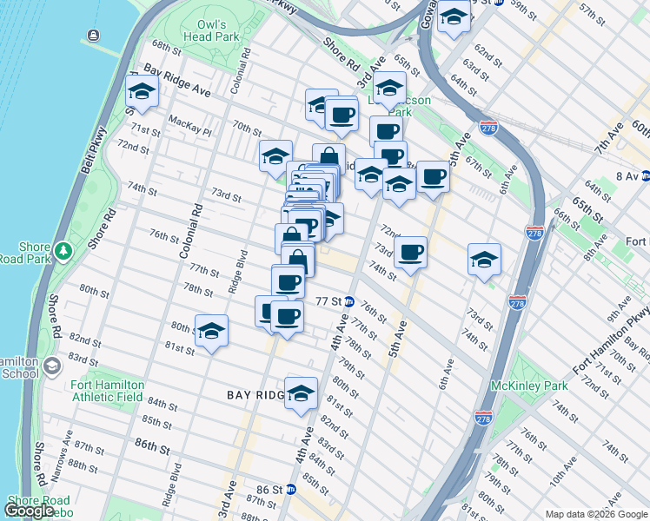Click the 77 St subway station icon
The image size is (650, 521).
(x=349, y=301)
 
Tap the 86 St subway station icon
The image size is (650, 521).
(x=291, y=490)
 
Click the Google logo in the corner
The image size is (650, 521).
(x=29, y=511)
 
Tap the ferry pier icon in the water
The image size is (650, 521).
(x=92, y=36)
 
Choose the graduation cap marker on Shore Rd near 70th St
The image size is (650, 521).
(x=142, y=90)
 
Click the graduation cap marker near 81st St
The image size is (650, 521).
(x=211, y=330)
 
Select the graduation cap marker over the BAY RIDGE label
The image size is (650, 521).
(x=302, y=392)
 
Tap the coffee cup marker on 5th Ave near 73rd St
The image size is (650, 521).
(x=410, y=252)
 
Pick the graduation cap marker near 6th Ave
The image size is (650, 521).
(x=484, y=258)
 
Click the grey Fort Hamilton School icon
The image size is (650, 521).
(x=51, y=366)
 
